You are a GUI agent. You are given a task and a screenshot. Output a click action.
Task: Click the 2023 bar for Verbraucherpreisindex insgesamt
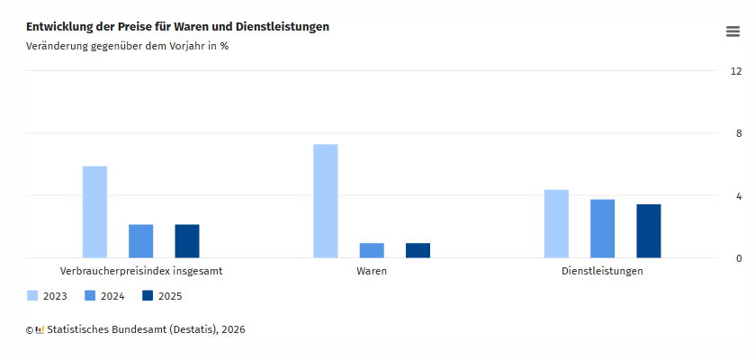[94, 212]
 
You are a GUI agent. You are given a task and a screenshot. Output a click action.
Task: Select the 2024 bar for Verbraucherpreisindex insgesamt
[141, 241]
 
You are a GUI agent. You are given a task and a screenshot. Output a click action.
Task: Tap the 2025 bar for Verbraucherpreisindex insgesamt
[187, 241]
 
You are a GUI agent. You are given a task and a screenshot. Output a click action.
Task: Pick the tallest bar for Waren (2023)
[326, 202]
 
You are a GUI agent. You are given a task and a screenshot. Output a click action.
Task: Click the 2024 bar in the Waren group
[372, 250]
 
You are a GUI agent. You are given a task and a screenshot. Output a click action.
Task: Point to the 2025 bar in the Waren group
[418, 250]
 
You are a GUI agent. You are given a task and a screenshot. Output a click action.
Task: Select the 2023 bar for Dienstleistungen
[556, 224]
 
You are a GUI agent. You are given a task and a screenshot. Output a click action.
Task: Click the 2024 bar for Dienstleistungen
[603, 229]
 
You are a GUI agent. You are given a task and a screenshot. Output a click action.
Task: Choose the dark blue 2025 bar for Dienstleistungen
[649, 231]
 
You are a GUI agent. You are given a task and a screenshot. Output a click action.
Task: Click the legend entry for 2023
[47, 296]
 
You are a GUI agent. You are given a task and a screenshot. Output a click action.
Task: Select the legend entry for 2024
[104, 296]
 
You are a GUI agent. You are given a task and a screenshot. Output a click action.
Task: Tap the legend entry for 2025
[162, 296]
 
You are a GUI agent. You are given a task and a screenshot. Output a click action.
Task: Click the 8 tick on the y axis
[739, 134]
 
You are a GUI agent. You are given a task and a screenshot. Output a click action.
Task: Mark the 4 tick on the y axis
[739, 196]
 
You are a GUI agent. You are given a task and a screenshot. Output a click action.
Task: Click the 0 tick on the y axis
[739, 259]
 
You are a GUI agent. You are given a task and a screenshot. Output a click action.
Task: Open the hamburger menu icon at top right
[733, 31]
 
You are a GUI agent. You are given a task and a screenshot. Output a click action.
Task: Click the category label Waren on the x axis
[372, 271]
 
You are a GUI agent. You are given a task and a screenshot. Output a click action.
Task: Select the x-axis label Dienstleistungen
[602, 271]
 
